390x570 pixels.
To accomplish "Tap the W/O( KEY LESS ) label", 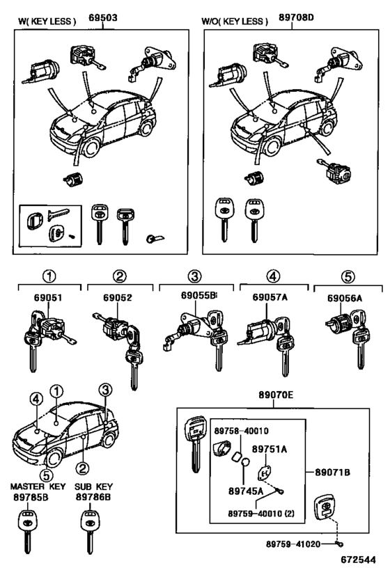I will tap(235, 21).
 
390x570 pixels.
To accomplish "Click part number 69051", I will tap(48, 297).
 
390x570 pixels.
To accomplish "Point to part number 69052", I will tap(118, 297).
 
